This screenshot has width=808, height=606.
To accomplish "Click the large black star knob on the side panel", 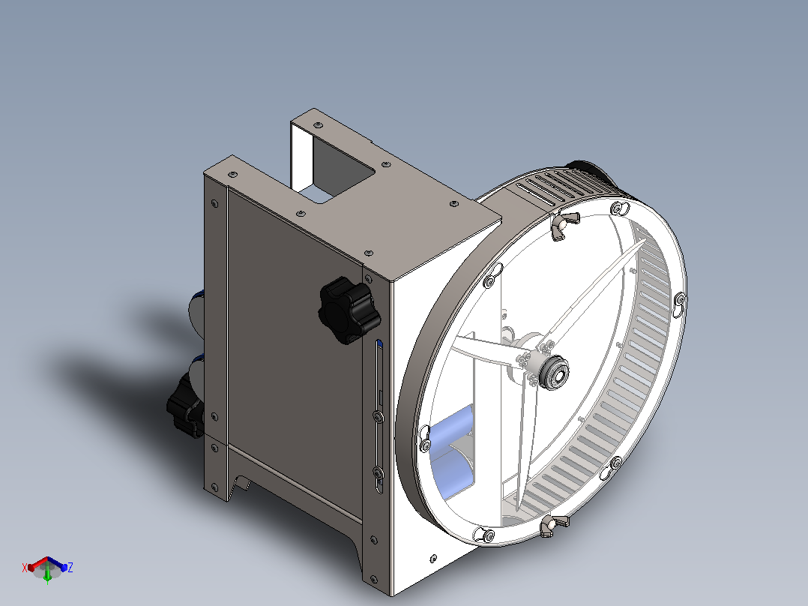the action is tap(349, 310).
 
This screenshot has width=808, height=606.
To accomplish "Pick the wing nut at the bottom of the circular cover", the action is tap(553, 525).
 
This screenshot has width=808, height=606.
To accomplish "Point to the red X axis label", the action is tap(24, 568).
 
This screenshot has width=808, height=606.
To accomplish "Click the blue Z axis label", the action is tap(70, 567).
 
